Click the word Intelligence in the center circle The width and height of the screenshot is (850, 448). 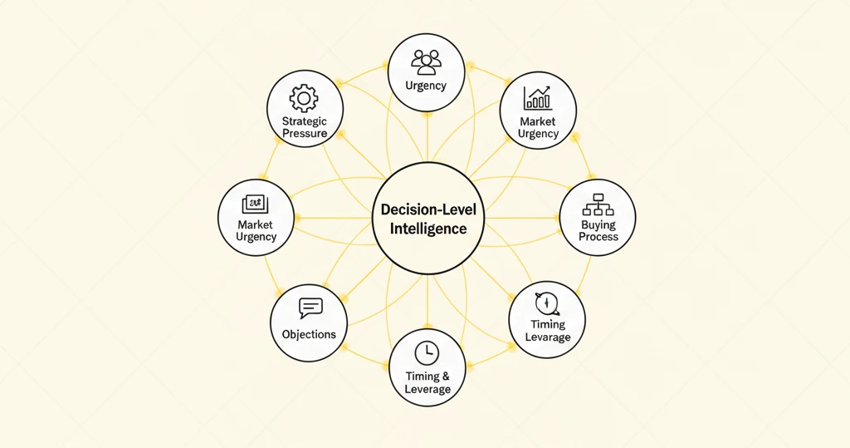click(428, 229)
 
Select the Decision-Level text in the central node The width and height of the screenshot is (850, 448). click(428, 209)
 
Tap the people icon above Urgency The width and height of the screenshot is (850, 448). click(426, 62)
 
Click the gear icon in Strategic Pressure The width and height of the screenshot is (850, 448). click(304, 98)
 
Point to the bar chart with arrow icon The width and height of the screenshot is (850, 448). click(537, 98)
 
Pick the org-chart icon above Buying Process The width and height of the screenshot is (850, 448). click(598, 204)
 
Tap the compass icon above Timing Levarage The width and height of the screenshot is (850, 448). click(547, 303)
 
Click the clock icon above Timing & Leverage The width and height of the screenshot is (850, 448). click(427, 353)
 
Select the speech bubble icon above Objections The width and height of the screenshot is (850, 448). click(310, 308)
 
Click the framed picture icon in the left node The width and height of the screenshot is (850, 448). click(255, 204)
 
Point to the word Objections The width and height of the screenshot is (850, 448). click(309, 334)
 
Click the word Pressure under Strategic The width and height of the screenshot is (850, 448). click(305, 134)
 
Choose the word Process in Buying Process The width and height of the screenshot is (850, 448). click(598, 237)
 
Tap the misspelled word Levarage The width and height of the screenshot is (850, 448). click(548, 337)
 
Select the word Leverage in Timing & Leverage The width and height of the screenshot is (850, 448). click(427, 389)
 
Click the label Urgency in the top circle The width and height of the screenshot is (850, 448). click(426, 86)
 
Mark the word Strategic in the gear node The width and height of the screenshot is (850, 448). click(305, 121)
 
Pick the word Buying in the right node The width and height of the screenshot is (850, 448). click(598, 224)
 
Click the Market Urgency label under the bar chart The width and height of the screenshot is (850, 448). click(538, 128)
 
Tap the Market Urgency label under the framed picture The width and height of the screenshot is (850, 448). click(256, 231)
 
